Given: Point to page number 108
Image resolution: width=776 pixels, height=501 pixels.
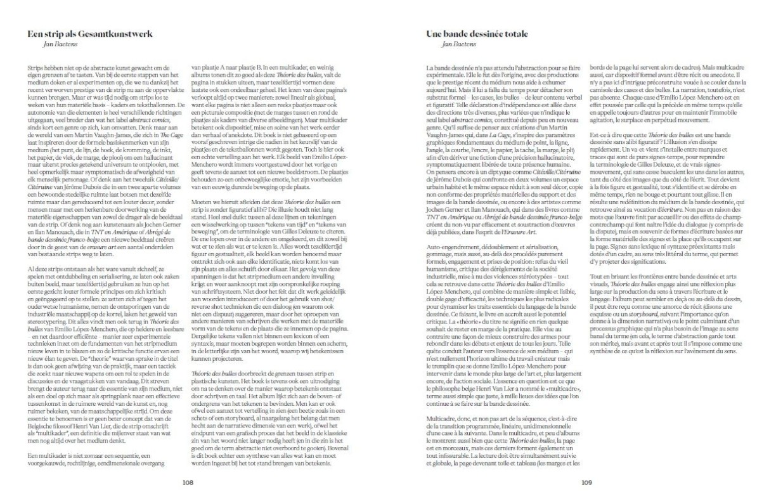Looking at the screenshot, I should pos(188,483).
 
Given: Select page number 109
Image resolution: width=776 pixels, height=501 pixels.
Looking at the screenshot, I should pos(586,483).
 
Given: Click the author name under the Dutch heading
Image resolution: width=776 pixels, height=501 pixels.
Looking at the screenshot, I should pos(50,44).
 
